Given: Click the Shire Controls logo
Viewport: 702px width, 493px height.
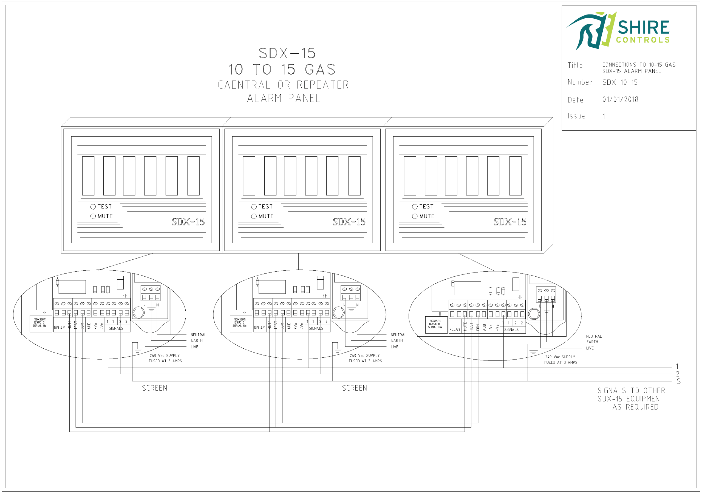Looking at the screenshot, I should tap(618, 31).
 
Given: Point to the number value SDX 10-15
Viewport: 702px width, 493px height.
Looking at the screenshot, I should tap(620, 82).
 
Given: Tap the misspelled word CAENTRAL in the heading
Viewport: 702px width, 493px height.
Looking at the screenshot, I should tap(244, 85).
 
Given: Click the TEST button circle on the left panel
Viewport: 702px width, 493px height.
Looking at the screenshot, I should tap(93, 207).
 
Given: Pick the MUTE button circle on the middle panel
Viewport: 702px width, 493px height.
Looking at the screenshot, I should tap(254, 216).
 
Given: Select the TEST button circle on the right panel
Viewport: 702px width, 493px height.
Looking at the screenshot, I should tap(415, 207).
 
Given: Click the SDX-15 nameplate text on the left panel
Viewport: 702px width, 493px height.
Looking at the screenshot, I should tap(188, 222).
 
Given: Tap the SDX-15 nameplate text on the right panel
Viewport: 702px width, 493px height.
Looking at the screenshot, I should tap(510, 222).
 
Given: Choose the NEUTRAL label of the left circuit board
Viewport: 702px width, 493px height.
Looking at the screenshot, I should tap(198, 335).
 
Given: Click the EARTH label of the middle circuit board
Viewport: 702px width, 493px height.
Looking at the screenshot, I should tap(397, 340).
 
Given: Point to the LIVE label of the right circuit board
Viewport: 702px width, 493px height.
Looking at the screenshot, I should tap(590, 348).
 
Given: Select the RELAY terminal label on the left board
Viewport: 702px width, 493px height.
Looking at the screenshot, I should tap(59, 328).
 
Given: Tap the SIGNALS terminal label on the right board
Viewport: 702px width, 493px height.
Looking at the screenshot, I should tap(511, 330).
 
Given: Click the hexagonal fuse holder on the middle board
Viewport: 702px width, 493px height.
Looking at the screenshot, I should tap(338, 313).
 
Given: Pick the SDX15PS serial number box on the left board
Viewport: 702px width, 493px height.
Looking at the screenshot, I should tap(40, 323).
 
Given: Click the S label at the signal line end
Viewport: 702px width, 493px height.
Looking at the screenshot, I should tap(678, 382).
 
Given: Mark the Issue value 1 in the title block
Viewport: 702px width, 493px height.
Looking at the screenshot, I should tap(604, 116).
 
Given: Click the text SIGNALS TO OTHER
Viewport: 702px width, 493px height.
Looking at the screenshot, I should tap(631, 391).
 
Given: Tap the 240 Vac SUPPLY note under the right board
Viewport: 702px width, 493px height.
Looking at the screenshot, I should tap(560, 357).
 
